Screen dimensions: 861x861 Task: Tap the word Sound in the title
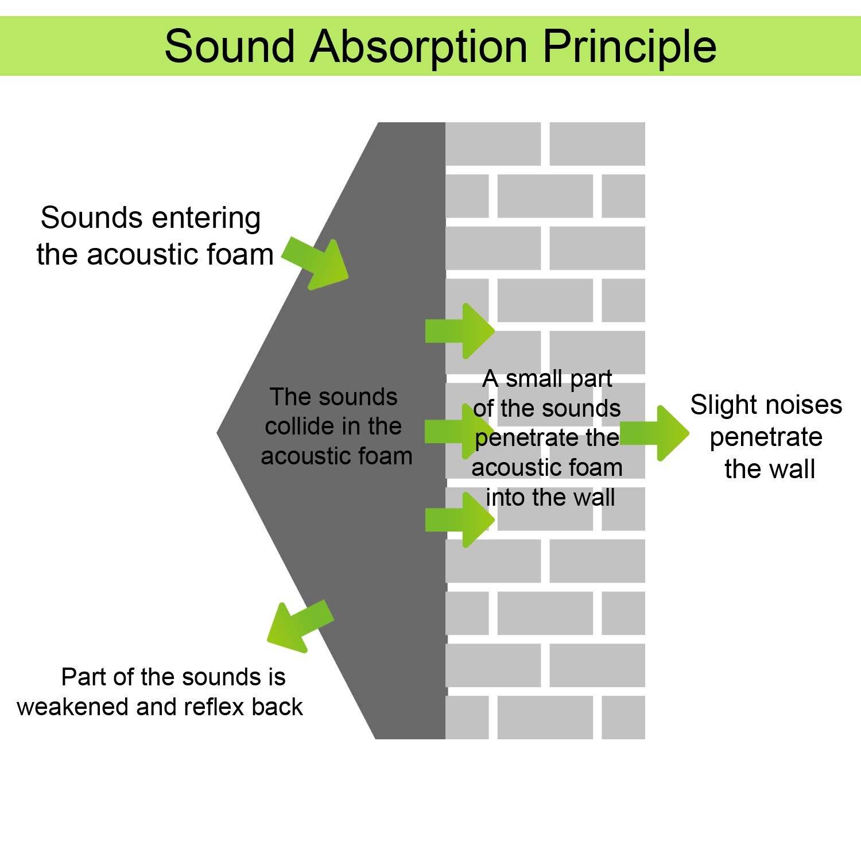tap(229, 46)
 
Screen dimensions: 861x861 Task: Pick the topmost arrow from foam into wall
tap(460, 331)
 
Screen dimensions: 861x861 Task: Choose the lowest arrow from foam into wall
tap(460, 520)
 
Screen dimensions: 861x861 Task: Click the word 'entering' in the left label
tap(206, 219)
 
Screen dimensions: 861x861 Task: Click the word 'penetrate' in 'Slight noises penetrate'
tap(766, 437)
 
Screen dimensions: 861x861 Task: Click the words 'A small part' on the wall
tap(548, 379)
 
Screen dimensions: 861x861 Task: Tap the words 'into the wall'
tap(550, 498)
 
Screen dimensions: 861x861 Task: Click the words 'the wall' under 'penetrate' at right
tap(769, 470)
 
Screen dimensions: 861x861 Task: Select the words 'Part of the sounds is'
tap(173, 677)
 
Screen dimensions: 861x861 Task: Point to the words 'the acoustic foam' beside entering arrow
tap(155, 255)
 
